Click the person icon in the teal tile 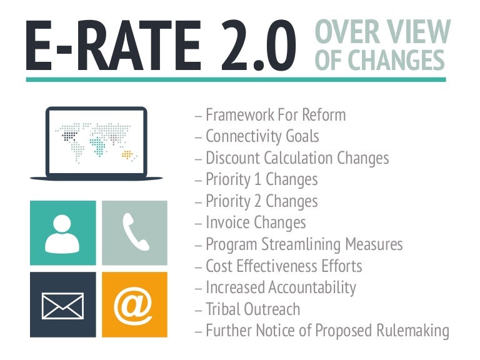point(63,232)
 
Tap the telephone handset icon point(134,232)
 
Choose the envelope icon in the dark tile point(63,304)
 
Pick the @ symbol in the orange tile point(134,304)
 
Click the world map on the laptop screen point(96,141)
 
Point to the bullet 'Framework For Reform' point(275,115)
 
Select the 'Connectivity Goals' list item point(262,136)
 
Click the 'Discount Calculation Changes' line point(297,158)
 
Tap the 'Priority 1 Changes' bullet point(261,179)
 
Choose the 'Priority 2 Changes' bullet point(261,201)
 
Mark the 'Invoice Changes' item point(256,222)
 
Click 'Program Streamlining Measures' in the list point(304,244)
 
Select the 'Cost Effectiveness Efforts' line point(284,266)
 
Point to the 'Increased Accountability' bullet point(281,287)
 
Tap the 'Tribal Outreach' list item point(252,309)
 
